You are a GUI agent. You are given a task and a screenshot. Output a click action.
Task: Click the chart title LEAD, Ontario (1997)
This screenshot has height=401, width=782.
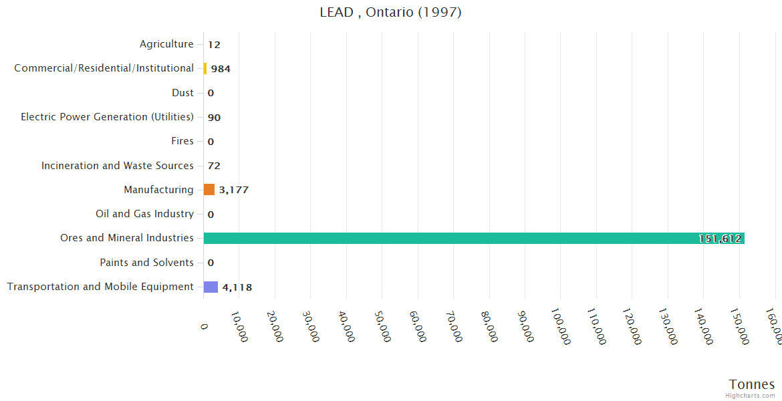[x=390, y=13]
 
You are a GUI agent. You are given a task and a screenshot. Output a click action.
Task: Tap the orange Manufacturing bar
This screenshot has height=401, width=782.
[x=209, y=190]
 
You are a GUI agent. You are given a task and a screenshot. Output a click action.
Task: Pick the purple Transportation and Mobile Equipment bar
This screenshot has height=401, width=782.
[x=211, y=287]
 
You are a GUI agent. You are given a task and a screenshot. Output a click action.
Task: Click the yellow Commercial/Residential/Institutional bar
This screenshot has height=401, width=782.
[x=205, y=68]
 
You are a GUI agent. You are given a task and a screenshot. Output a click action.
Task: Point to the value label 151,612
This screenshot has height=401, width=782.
[x=720, y=239]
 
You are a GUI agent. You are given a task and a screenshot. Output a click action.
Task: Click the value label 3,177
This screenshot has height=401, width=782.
[x=234, y=190]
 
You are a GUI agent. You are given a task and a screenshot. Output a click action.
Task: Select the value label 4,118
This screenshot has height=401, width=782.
[x=237, y=287]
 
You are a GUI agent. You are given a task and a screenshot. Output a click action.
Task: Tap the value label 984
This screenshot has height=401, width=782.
[x=221, y=69]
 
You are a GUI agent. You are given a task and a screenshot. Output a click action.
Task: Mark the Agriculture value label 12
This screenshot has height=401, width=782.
[x=214, y=45]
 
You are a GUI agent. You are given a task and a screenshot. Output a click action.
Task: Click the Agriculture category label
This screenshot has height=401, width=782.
[x=166, y=44]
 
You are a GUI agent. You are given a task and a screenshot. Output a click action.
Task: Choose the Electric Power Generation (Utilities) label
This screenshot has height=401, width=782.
[x=107, y=117]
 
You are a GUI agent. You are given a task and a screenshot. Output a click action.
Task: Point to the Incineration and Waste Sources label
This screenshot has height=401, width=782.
[x=118, y=166]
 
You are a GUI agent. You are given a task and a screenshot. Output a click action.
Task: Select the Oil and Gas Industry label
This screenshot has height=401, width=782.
[x=144, y=214]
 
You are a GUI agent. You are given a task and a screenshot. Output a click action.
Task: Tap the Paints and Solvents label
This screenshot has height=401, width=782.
[x=146, y=263]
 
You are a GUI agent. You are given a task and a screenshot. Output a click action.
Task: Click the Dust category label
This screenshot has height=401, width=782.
[x=182, y=93]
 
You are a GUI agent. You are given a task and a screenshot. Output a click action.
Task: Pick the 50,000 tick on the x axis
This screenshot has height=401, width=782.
[x=380, y=325]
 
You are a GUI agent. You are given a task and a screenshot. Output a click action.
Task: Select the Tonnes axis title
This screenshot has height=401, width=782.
[x=752, y=384]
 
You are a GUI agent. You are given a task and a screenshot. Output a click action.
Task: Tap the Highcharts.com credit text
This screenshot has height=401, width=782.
[x=751, y=396]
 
